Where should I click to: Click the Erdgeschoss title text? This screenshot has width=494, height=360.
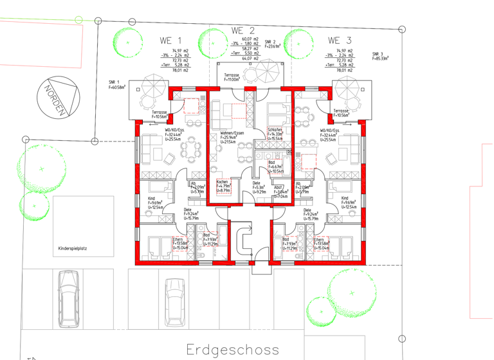click(x=233, y=350)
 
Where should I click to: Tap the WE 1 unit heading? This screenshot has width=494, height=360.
click(x=170, y=40)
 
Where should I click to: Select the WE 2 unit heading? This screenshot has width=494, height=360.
click(x=243, y=30)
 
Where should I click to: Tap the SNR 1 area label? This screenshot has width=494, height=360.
click(x=116, y=84)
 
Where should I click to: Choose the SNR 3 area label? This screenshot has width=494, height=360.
click(x=380, y=56)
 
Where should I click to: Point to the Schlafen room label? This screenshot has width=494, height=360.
click(x=275, y=130)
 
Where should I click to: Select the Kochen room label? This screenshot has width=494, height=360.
click(x=222, y=182)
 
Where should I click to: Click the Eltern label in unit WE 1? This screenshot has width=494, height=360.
click(x=177, y=239)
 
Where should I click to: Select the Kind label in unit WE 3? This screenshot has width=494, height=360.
click(x=345, y=199)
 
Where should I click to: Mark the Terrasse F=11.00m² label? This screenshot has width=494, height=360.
click(x=232, y=76)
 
